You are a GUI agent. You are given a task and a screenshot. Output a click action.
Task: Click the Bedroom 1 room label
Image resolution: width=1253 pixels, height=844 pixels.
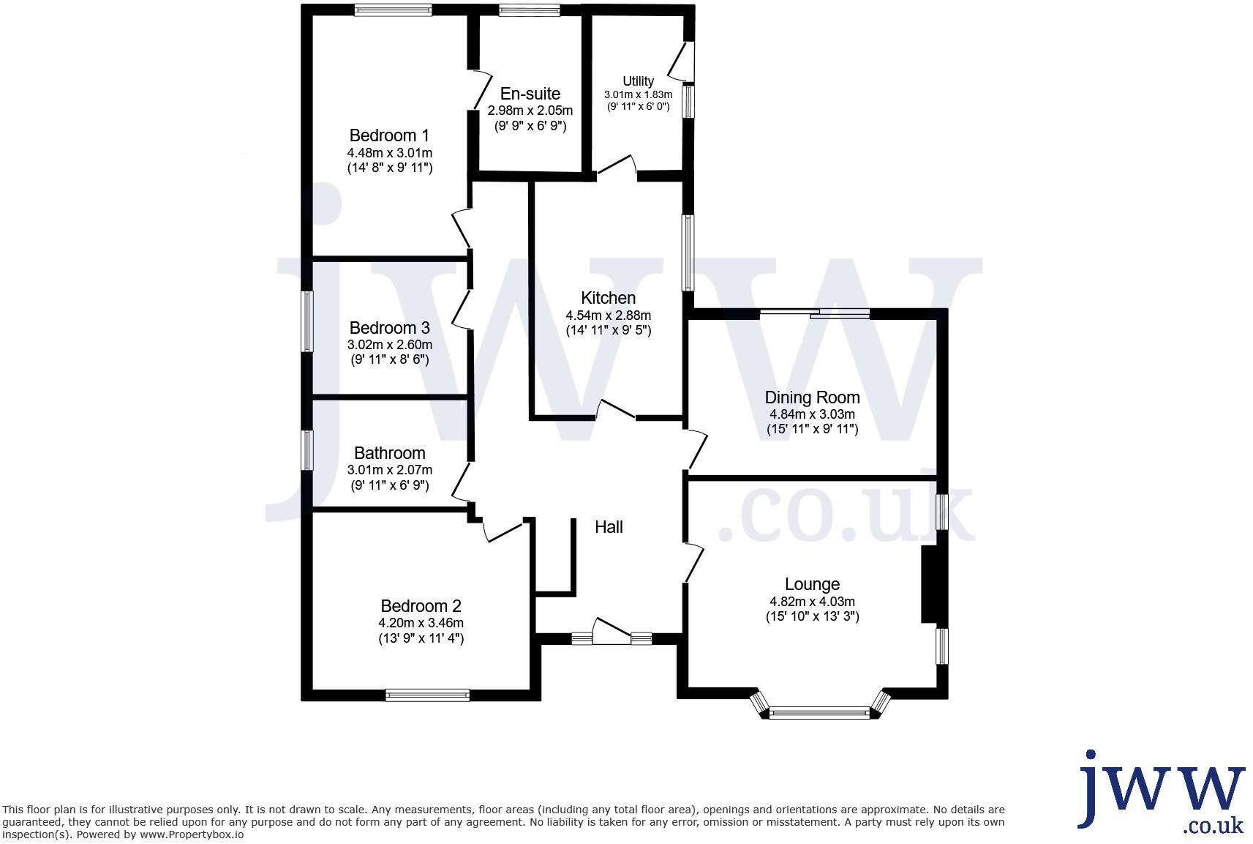click(x=389, y=135)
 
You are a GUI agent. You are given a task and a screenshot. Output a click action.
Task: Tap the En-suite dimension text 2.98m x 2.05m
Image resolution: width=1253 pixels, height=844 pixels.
click(x=530, y=111)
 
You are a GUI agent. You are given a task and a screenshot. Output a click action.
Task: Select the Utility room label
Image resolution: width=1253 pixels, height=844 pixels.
click(x=638, y=81)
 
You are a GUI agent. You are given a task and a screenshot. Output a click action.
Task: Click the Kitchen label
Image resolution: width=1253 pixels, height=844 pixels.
click(x=608, y=298)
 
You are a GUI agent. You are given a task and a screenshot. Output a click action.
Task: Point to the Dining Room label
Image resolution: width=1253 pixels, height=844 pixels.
click(x=812, y=397)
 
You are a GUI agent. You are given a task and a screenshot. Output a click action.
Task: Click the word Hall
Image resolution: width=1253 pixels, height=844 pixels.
click(x=609, y=527)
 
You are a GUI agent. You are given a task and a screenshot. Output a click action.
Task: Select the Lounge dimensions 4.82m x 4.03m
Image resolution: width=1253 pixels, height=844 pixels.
click(x=812, y=602)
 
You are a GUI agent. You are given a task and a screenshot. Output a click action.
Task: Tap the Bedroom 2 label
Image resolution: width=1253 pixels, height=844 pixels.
click(x=421, y=606)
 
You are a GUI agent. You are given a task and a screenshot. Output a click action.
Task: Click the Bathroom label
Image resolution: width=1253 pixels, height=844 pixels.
click(x=389, y=453)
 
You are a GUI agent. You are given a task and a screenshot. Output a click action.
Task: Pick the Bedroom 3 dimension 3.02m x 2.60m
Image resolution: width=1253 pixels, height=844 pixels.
click(x=389, y=345)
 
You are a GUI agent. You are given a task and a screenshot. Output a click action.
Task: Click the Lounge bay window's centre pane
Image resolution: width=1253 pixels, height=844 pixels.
click(x=819, y=712)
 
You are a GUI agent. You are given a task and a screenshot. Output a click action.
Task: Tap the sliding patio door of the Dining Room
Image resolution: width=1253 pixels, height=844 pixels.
click(x=814, y=315)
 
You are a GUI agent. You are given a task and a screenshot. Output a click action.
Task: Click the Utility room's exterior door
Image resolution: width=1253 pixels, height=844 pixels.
click(x=683, y=61)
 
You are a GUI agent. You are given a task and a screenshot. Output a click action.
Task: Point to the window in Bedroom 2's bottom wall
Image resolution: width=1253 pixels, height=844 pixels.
click(x=427, y=695)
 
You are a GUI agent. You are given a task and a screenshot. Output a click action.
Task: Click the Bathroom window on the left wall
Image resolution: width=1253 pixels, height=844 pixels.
click(x=309, y=449)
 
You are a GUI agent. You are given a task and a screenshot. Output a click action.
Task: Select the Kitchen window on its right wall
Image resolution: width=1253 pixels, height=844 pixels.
click(x=688, y=253)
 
